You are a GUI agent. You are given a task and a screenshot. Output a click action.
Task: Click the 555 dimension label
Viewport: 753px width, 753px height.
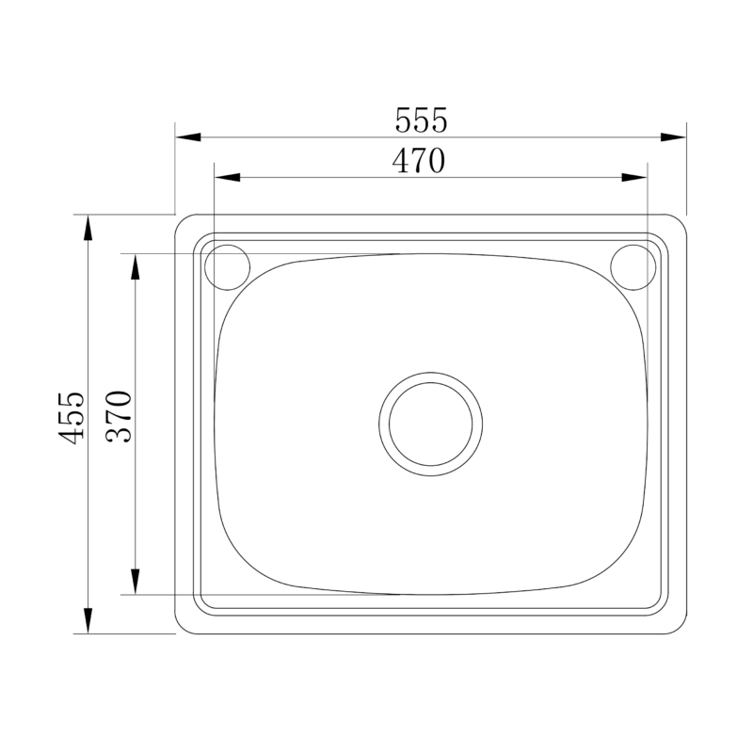421,120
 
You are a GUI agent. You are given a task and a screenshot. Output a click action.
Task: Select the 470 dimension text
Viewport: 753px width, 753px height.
417,162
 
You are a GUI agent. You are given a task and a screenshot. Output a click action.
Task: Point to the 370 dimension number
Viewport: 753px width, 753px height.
123,417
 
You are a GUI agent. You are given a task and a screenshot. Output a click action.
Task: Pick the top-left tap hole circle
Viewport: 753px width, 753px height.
226,266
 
